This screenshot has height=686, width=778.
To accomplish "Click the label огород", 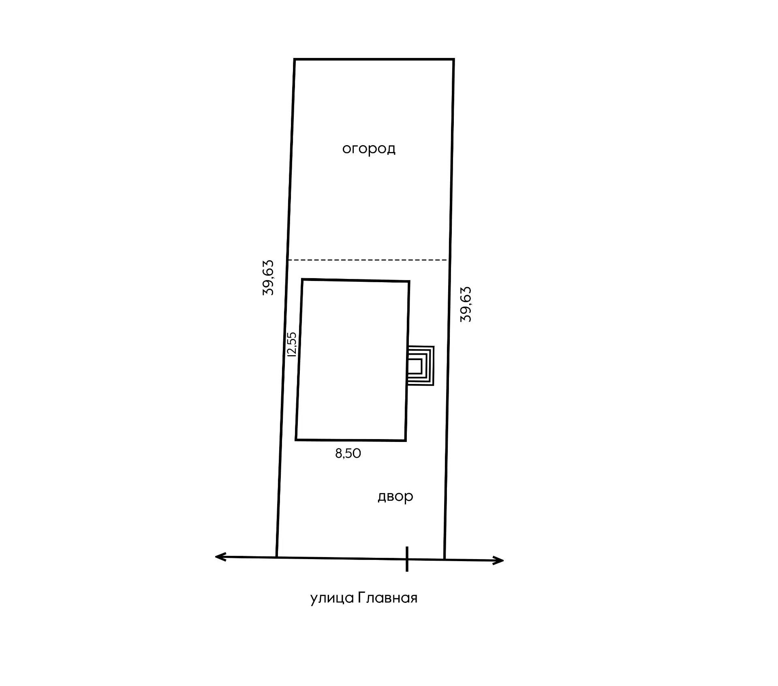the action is (x=369, y=149).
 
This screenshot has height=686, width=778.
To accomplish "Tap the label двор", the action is (x=395, y=497).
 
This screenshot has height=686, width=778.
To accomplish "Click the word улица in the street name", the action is (x=332, y=598).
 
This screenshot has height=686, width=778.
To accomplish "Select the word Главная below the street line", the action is (x=388, y=598).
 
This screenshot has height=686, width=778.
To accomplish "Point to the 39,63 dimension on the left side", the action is (x=268, y=278).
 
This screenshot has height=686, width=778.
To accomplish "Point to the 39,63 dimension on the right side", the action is (x=466, y=304).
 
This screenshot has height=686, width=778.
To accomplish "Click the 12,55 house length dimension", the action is (x=291, y=344).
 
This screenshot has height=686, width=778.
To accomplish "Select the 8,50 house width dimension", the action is (x=348, y=453).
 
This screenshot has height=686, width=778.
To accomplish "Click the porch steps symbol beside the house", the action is (x=421, y=366).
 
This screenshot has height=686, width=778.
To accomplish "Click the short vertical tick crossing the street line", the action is (x=407, y=559).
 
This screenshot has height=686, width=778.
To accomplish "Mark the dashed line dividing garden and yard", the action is (x=368, y=260).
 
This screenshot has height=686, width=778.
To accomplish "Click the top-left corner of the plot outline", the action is (x=295, y=59).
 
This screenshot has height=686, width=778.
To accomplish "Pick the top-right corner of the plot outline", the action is (x=453, y=59).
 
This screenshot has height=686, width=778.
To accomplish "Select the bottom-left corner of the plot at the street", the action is (x=277, y=557).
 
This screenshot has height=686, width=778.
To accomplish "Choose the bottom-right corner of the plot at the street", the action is (x=445, y=560).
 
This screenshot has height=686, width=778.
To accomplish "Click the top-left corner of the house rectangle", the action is (x=303, y=279).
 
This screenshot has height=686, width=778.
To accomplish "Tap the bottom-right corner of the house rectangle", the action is (x=406, y=440).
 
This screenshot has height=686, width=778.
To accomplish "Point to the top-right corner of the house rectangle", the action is (x=409, y=281).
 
